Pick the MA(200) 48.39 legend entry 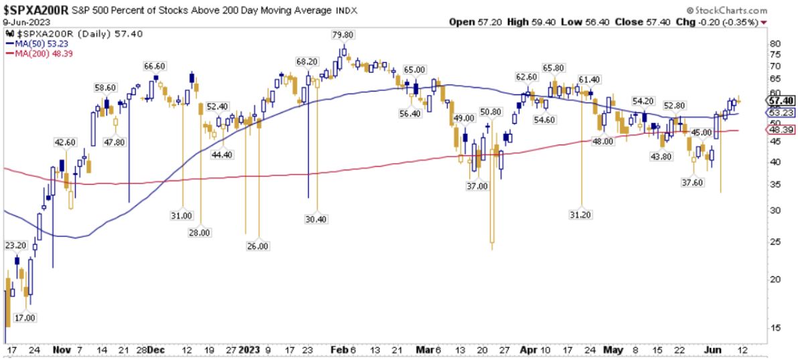pos(37,54)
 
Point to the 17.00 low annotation pos(25,317)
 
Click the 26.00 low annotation pos(258,246)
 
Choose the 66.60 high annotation pos(155,66)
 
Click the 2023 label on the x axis pos(249,349)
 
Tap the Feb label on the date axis pos(340,349)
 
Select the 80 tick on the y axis pos(775,43)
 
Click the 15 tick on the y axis pos(775,327)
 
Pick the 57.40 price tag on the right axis pos(779,100)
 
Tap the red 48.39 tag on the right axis pos(779,130)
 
